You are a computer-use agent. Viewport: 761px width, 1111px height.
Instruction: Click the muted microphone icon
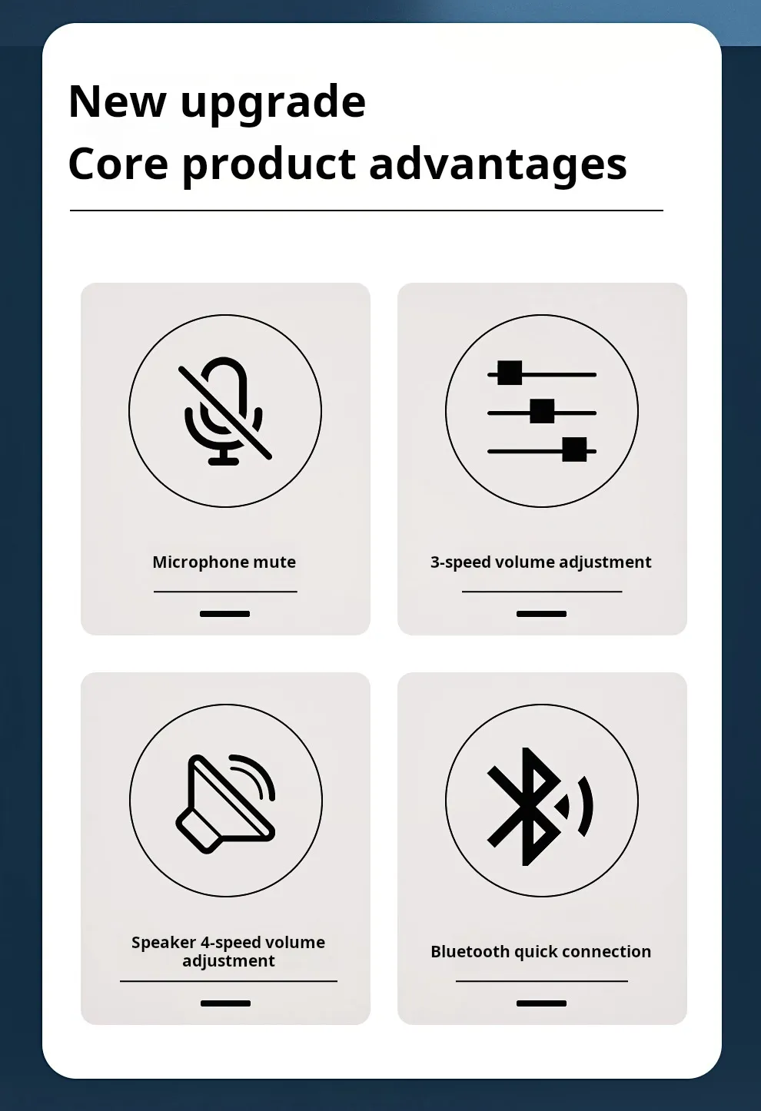pyautogui.click(x=224, y=411)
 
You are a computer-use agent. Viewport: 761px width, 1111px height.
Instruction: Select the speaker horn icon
pyautogui.click(x=224, y=804)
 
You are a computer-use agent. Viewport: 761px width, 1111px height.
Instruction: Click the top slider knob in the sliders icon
pyautogui.click(x=510, y=373)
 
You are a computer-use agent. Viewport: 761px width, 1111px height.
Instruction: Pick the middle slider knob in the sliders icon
pyautogui.click(x=542, y=411)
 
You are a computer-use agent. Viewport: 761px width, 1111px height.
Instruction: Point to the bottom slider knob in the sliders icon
pyautogui.click(x=574, y=449)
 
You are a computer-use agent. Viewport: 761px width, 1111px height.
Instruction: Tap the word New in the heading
pyautogui.click(x=117, y=101)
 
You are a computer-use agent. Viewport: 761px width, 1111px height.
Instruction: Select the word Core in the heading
pyautogui.click(x=118, y=164)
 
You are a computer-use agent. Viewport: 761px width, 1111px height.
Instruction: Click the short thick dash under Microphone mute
pyautogui.click(x=224, y=614)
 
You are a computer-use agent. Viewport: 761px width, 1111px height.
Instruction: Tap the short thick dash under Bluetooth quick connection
pyautogui.click(x=541, y=1003)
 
